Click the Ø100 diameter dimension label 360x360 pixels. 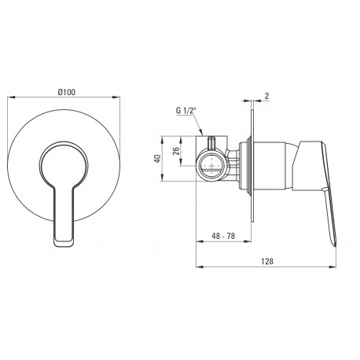(x=67, y=92)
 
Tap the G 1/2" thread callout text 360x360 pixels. (x=186, y=111)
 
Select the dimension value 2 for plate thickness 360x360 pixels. (x=266, y=96)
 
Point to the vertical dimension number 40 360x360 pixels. (x=157, y=158)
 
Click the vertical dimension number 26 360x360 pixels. (x=176, y=151)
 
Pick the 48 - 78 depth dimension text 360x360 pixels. (x=223, y=236)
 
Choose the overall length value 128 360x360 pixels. (x=267, y=261)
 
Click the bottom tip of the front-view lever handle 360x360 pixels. (x=64, y=245)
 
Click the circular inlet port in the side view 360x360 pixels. (x=211, y=165)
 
